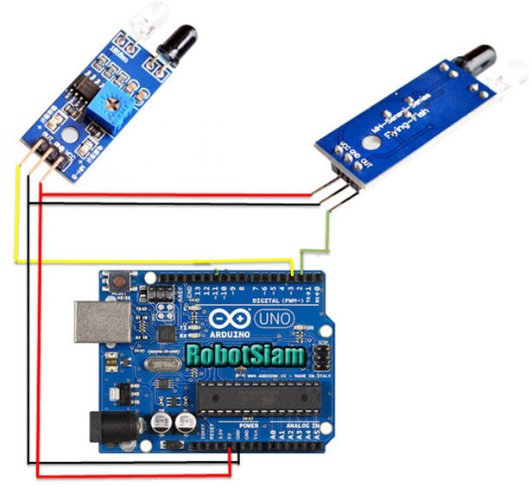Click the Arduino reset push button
coord(113,281)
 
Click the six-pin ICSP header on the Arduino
coord(319,356)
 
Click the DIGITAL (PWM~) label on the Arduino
coord(275,298)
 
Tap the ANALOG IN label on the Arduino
coord(302,427)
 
